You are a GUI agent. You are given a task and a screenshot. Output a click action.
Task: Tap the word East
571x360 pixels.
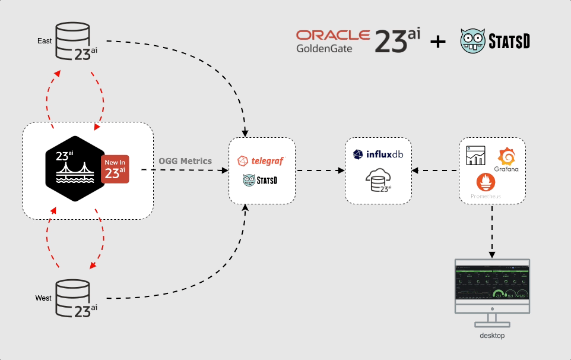pos(44,41)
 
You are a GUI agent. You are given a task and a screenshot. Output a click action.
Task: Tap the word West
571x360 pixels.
pos(43,298)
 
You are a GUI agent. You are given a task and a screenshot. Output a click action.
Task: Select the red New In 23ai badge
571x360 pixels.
pos(115,168)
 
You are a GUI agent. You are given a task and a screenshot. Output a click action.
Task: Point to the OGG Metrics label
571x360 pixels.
pos(185,161)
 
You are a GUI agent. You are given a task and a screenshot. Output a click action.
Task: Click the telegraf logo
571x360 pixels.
pos(262,161)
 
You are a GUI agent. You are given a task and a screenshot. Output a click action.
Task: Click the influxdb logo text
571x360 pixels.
pos(378,154)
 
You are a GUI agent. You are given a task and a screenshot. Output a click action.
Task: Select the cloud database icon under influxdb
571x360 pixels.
pos(378,180)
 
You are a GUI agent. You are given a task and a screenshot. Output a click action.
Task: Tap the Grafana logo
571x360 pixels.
pos(506,160)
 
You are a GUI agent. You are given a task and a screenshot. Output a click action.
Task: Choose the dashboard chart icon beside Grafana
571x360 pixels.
pos(476,156)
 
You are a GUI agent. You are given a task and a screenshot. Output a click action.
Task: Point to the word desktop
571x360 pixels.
pos(492,336)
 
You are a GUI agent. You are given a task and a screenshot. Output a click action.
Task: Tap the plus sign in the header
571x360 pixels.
pos(437,42)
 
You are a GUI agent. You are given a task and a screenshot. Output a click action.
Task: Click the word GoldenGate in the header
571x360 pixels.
pos(324,49)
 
